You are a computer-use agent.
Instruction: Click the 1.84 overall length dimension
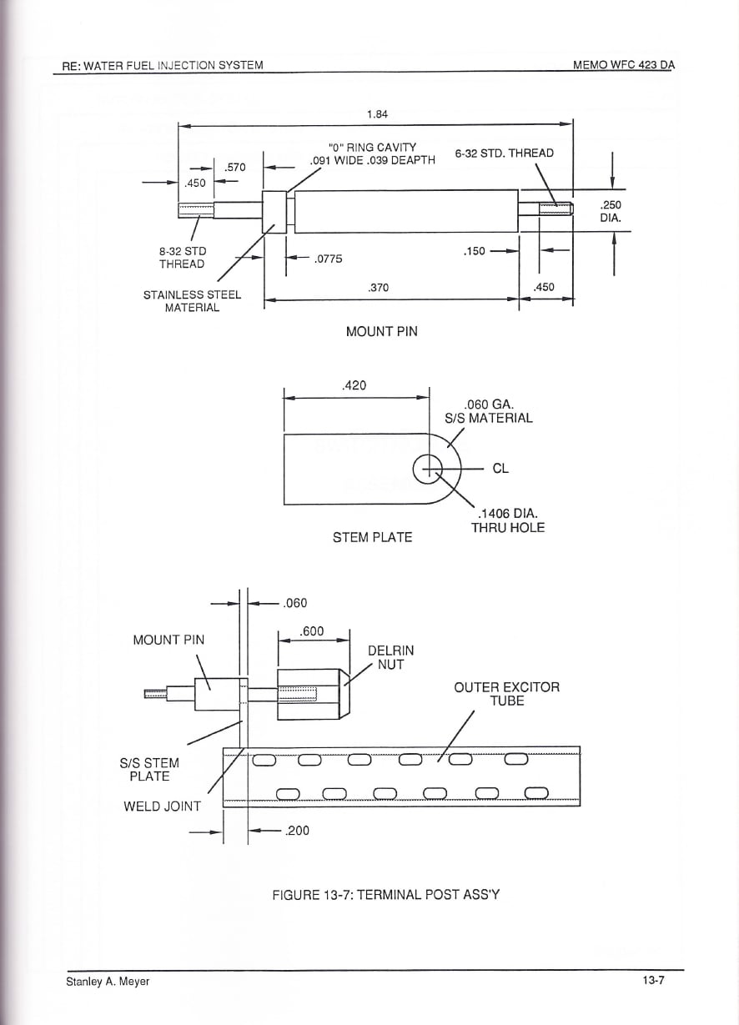click(377, 114)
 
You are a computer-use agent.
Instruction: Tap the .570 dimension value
click(235, 168)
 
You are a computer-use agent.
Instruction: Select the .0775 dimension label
click(328, 259)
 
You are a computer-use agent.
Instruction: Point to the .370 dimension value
click(378, 288)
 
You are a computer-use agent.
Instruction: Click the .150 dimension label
click(474, 251)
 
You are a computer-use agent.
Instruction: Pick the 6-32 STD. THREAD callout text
click(505, 153)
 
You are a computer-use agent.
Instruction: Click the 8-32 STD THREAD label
click(182, 258)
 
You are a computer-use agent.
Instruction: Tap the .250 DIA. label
click(611, 211)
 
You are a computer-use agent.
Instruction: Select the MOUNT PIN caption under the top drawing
click(382, 331)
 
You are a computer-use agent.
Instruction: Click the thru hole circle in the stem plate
click(428, 469)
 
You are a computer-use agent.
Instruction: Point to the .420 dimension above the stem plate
click(354, 385)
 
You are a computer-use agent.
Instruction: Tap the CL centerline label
click(500, 469)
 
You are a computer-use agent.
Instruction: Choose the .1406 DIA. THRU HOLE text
click(508, 520)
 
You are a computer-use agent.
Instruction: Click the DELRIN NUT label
click(391, 657)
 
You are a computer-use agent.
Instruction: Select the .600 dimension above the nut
click(312, 631)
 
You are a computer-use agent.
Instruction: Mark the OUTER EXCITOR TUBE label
click(506, 694)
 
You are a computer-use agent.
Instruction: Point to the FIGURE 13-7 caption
click(385, 895)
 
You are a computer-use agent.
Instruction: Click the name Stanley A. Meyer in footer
click(108, 982)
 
